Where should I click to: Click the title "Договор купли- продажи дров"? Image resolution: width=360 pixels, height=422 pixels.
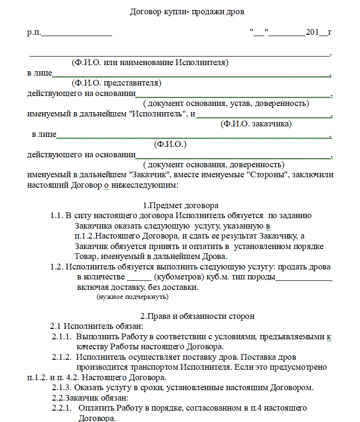point(187,12)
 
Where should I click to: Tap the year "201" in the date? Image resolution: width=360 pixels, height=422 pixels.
point(312,33)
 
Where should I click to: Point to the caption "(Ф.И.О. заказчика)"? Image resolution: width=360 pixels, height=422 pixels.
point(256,124)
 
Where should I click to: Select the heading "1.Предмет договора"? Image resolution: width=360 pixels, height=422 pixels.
point(180,205)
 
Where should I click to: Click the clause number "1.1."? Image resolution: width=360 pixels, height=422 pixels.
point(57,215)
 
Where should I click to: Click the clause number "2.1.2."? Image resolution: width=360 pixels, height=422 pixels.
point(62,357)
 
